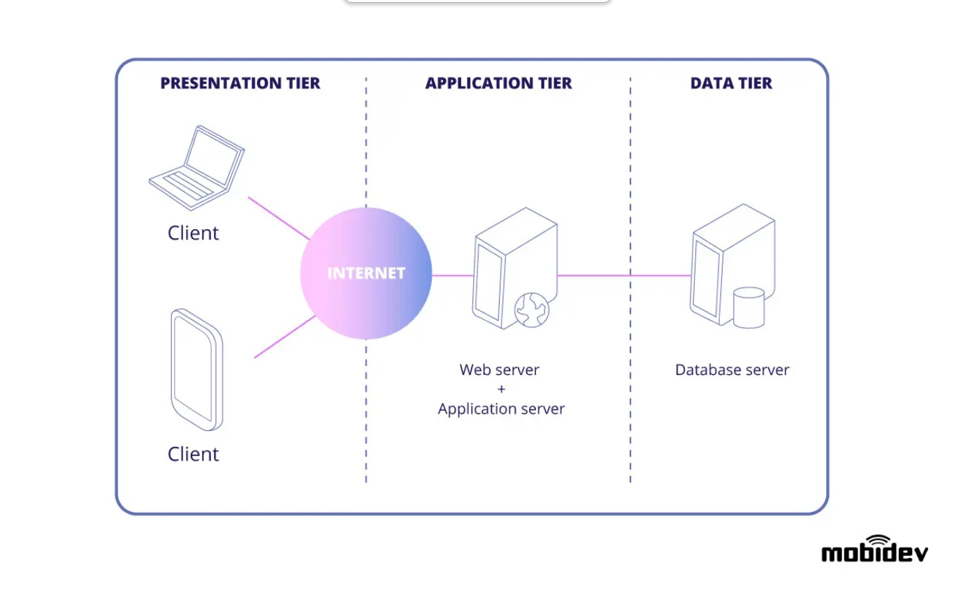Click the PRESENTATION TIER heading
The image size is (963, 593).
240,83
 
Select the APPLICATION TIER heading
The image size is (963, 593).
498,83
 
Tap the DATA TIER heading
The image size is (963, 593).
731,83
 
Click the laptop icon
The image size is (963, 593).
197,168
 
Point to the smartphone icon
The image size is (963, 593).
196,369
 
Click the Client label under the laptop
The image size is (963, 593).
193,233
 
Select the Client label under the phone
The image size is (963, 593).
193,454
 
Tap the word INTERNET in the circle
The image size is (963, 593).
365,273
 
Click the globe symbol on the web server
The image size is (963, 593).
531,310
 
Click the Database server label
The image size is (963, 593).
732,369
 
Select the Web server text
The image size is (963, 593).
499,369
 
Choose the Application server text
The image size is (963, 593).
501,409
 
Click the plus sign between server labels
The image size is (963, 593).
501,389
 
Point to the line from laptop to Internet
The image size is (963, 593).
279,218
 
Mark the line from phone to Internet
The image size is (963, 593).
284,337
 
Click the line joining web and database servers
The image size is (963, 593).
624,275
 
